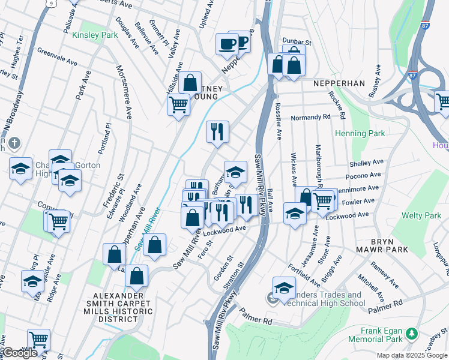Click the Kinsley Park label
click(x=95, y=35)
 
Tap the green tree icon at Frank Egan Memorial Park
click(x=411, y=332)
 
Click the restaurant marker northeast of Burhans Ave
click(x=217, y=131)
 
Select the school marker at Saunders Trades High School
click(x=284, y=287)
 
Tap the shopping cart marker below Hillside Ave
click(x=179, y=104)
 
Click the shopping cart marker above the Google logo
click(x=38, y=339)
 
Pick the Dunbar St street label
click(x=298, y=43)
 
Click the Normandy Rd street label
click(x=311, y=118)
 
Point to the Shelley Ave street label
click(x=366, y=163)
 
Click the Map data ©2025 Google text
click(x=411, y=355)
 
